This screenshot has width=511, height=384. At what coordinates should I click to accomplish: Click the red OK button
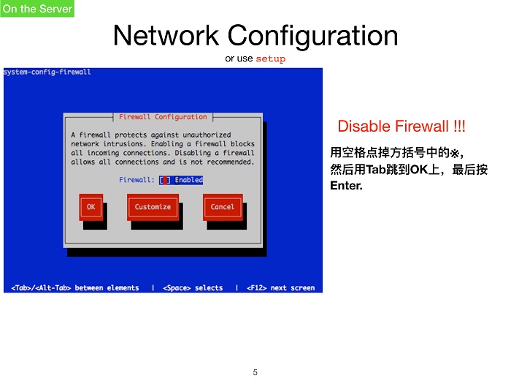91,207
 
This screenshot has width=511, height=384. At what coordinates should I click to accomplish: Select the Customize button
153,207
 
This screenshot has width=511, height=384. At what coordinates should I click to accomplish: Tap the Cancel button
223,207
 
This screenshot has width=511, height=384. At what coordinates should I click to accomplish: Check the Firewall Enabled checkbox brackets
165,180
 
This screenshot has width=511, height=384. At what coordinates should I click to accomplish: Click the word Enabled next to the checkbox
188,180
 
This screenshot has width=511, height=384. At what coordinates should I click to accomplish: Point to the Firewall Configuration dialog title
163,117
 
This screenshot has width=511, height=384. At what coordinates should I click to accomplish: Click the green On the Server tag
37,9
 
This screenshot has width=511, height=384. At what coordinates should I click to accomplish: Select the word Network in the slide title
166,35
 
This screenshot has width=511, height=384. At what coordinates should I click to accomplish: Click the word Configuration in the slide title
312,37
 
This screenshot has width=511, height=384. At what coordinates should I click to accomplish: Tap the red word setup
271,59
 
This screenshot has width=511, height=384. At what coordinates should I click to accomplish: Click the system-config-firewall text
47,72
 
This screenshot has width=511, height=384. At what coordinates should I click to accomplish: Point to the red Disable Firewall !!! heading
401,126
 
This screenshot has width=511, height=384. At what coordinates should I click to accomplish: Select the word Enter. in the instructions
346,186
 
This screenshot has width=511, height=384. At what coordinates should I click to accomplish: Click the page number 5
255,372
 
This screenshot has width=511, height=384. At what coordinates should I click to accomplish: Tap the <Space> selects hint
193,288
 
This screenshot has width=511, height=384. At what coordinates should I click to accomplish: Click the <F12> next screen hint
281,288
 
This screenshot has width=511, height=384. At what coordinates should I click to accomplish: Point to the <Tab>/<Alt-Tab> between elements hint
75,288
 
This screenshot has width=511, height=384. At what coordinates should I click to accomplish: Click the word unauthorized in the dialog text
207,135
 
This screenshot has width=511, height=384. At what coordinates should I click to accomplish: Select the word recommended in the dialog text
230,162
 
